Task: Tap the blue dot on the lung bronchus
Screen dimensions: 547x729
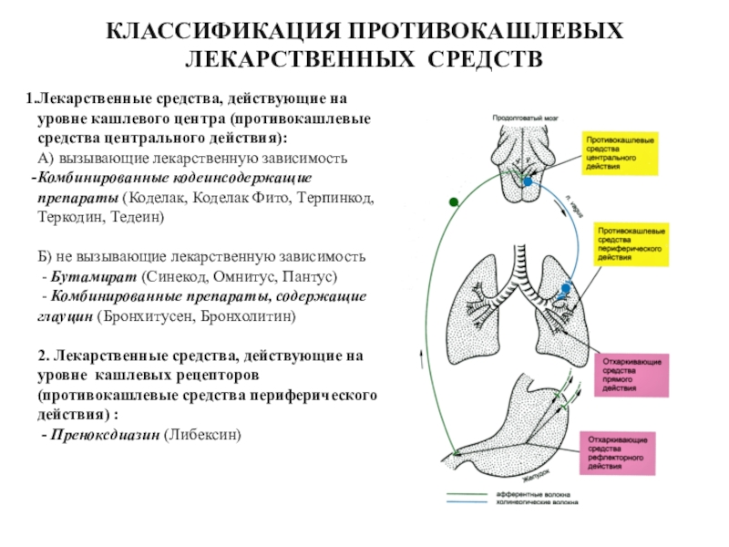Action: [x=566, y=289]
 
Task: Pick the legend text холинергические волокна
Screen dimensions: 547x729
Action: [x=530, y=501]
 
